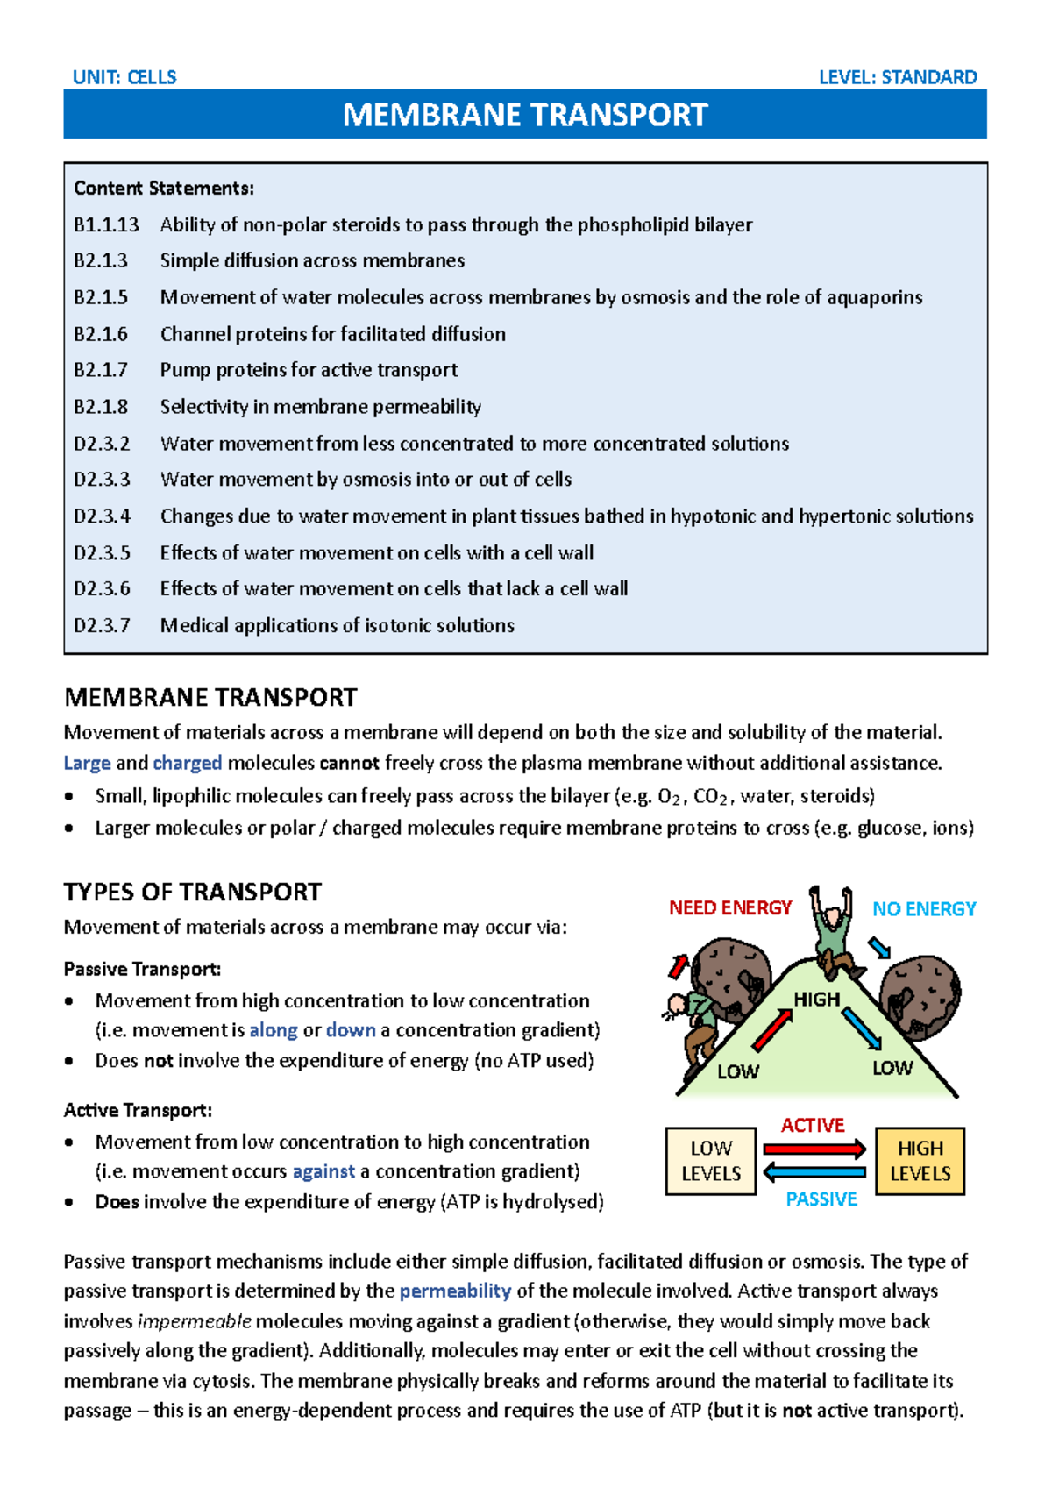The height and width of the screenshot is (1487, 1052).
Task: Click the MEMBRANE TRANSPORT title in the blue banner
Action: pos(525,115)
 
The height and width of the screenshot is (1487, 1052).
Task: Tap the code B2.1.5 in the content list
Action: pos(101,297)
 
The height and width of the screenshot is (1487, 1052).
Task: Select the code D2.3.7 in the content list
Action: pos(102,625)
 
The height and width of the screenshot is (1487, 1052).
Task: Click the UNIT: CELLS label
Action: pos(124,77)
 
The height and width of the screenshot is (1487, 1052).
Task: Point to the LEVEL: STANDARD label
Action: pos(897,77)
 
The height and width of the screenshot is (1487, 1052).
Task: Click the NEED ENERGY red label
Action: pos(729,908)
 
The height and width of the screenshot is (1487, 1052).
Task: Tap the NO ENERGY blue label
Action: pos(923,909)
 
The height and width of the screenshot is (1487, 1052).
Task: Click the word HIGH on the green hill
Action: pos(816,1000)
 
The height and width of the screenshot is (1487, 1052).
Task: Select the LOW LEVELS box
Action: pos(711,1161)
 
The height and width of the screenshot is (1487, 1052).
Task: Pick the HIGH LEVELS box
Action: pos(920,1161)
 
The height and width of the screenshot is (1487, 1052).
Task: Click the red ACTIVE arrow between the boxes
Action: pos(814,1149)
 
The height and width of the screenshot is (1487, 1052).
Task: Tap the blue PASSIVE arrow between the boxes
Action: pos(814,1172)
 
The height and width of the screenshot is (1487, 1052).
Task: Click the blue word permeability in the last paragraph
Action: pos(455,1291)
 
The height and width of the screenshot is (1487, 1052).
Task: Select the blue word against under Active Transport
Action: pos(323,1171)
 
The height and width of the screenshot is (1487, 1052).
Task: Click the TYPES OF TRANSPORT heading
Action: pos(192,892)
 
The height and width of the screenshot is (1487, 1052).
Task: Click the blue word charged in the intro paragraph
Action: pos(188,763)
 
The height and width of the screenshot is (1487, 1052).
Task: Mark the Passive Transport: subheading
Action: pos(142,969)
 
